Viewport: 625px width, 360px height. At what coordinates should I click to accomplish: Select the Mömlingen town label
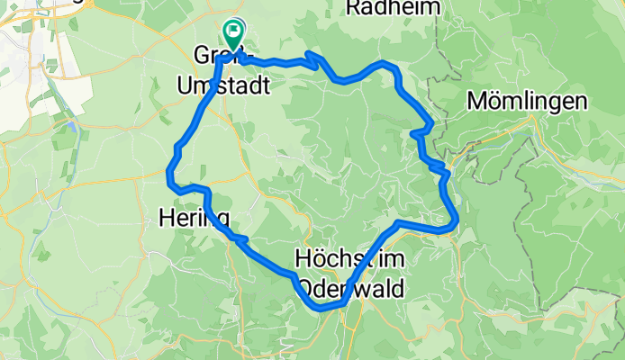click(x=528, y=102)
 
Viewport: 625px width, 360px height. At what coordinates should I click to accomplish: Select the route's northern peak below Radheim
click(x=385, y=64)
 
